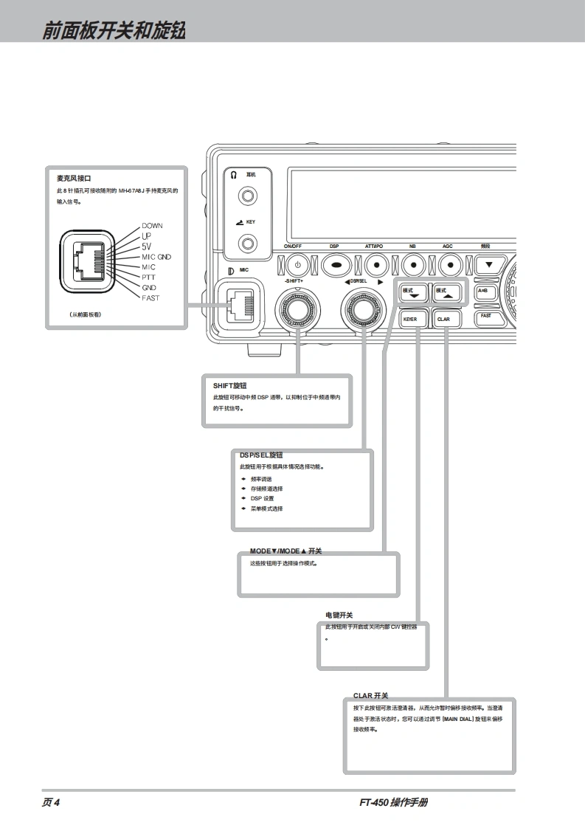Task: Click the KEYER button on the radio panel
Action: tap(410, 320)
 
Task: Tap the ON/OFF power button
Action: tap(297, 263)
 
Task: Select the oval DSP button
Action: tap(334, 263)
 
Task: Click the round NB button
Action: tap(413, 263)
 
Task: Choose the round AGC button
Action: tap(449, 263)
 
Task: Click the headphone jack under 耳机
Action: tap(249, 197)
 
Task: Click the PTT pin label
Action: tap(149, 277)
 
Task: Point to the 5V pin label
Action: tap(147, 246)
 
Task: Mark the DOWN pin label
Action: tap(153, 226)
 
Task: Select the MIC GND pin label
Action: tap(156, 257)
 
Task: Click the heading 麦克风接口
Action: tap(74, 179)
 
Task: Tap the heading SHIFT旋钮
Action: tap(229, 385)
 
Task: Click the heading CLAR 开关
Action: tap(370, 695)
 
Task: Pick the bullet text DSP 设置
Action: tap(262, 499)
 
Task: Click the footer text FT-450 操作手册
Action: tap(393, 803)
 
